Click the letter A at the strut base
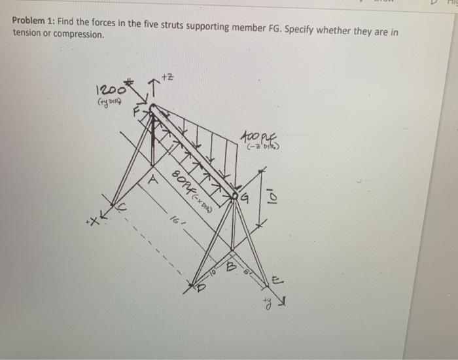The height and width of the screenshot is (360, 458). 150,177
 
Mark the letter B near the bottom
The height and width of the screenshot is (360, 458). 229,267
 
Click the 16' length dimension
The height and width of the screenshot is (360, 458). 174,223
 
